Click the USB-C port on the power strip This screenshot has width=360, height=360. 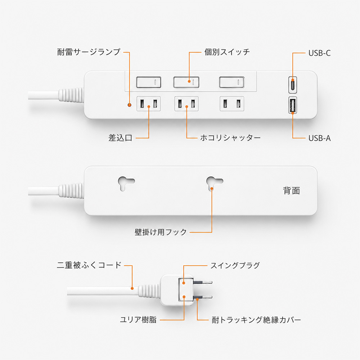(x=292, y=85)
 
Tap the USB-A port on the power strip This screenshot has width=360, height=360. (x=292, y=105)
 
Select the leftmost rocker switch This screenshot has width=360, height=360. (x=149, y=82)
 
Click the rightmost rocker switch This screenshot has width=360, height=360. (x=231, y=82)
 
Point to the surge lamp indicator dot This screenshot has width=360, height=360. (x=130, y=105)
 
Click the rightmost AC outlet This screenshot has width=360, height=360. (x=232, y=104)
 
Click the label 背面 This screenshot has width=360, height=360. (x=291, y=190)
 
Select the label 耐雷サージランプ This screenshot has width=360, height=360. (x=89, y=52)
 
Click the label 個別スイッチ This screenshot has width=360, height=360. (x=227, y=52)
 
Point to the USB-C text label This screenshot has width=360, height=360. (x=319, y=53)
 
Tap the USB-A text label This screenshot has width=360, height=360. (x=319, y=138)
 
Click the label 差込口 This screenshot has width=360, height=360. (x=120, y=138)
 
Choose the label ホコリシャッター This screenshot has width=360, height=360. (x=230, y=138)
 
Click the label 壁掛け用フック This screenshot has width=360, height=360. (x=161, y=232)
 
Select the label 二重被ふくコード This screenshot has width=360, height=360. (x=89, y=265)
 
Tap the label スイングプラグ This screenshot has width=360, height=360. (x=235, y=265)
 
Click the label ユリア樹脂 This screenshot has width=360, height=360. (x=138, y=319)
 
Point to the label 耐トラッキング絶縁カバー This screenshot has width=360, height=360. (x=256, y=320)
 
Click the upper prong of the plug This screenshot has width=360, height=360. (x=202, y=282)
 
